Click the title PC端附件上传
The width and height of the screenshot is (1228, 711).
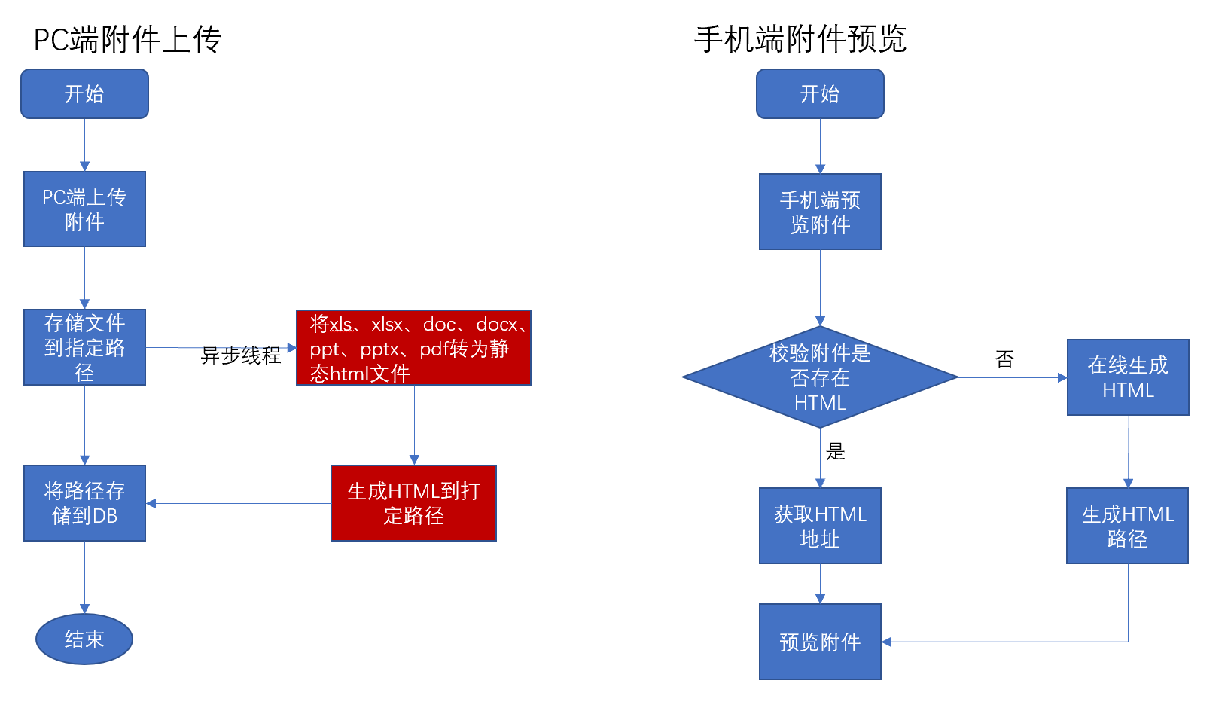pos(127,39)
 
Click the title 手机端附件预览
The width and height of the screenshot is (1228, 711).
pos(800,39)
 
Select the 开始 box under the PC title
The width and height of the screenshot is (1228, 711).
pos(84,94)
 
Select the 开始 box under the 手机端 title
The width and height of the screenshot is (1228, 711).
pos(820,94)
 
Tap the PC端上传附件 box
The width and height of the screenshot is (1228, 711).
pos(84,209)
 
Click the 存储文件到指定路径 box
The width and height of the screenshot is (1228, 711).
pos(84,347)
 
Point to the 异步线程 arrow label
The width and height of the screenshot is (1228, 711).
pos(240,355)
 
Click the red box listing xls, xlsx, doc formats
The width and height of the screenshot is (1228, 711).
pos(413,348)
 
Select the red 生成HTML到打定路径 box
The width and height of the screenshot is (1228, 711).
pos(413,503)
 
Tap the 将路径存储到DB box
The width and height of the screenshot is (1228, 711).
pos(84,503)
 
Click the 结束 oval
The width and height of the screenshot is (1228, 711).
pos(84,639)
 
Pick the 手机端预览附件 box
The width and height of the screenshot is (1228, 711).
pos(820,212)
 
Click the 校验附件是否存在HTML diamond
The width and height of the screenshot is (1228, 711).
pos(820,377)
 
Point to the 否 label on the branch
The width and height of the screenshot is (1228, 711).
pos(1004,359)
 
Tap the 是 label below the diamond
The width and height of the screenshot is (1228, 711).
pos(836,451)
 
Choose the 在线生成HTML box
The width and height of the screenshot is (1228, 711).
pos(1128,377)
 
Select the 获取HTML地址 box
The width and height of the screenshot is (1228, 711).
pos(820,526)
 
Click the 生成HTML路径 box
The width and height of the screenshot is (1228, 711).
pos(1127,526)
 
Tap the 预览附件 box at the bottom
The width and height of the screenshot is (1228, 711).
pos(820,642)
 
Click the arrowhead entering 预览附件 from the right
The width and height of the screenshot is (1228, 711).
pos(887,642)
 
